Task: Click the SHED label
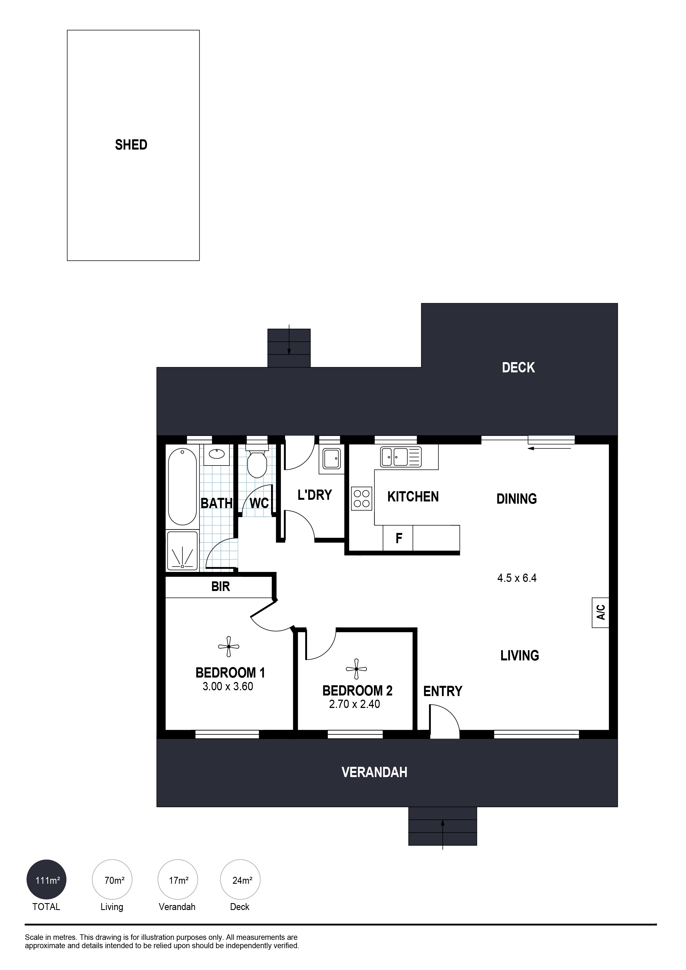click(x=131, y=145)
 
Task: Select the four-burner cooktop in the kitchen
click(x=362, y=498)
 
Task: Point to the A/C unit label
click(x=601, y=612)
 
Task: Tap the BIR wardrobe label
click(x=221, y=586)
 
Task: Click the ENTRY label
click(x=443, y=691)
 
